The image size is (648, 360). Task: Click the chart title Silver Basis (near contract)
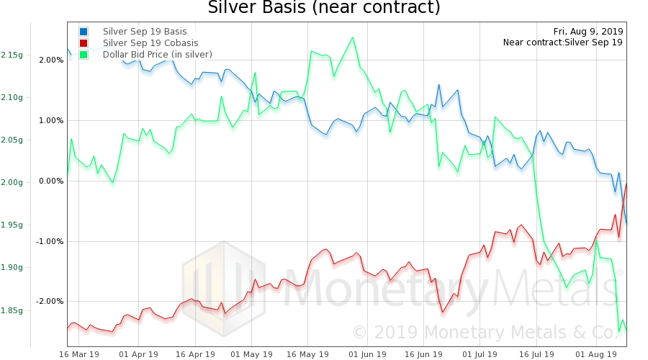click(323, 9)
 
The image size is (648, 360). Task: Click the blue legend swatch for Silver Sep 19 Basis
click(84, 32)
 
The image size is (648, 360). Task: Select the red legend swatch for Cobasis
click(84, 43)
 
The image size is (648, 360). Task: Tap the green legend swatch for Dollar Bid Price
click(84, 55)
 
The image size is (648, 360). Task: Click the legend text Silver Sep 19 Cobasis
click(150, 43)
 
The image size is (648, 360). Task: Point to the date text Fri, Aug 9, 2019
click(588, 32)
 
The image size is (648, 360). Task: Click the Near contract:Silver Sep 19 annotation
click(563, 42)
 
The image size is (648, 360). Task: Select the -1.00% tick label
click(48, 241)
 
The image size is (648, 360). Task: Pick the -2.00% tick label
click(48, 301)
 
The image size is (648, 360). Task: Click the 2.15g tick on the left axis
click(12, 55)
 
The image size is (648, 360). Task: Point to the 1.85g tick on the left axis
click(12, 310)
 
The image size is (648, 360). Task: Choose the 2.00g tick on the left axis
click(12, 182)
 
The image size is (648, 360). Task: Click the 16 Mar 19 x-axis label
click(79, 354)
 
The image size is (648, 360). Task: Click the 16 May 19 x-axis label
click(308, 354)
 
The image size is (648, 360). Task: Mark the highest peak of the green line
click(352, 37)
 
